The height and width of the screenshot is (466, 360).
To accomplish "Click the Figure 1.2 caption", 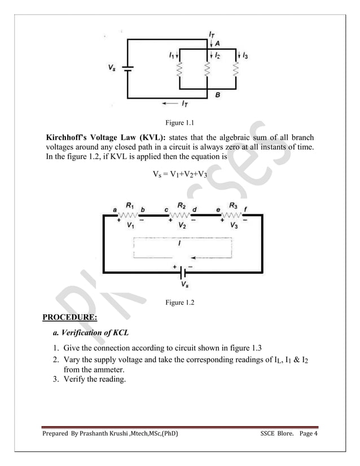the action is (x=179, y=304).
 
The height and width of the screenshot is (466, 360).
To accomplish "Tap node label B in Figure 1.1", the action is (x=217, y=96).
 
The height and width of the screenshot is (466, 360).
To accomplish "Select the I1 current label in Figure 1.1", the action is (x=171, y=55).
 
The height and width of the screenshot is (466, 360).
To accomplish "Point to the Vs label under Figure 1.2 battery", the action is (x=185, y=285).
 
